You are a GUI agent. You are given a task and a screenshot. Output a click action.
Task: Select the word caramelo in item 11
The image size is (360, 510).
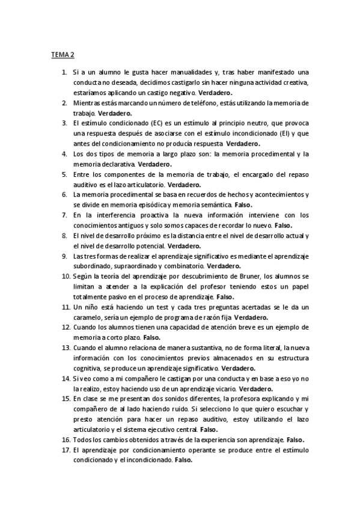coord(90,317)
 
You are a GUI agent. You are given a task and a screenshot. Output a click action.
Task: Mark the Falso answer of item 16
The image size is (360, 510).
coord(295,440)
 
